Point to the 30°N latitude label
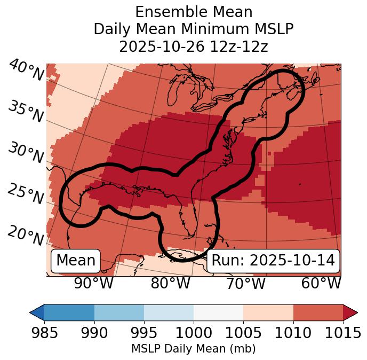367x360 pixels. click(26, 153)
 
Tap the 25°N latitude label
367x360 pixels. click(26, 194)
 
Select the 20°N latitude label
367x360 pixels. click(26, 236)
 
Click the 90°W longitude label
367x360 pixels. click(93, 283)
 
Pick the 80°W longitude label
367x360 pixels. click(170, 283)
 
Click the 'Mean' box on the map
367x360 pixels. click(76, 261)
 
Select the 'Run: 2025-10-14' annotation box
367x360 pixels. click(273, 261)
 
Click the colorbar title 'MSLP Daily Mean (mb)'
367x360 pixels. click(194, 349)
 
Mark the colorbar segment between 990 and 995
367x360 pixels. click(119, 312)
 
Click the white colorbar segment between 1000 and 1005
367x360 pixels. click(218, 312)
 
